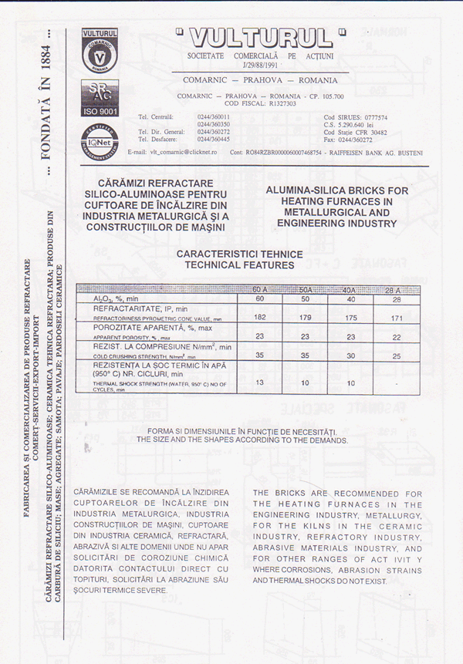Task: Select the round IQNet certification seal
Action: [100, 137]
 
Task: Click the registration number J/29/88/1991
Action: [259, 66]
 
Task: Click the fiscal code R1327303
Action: [279, 103]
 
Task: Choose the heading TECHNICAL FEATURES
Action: [239, 265]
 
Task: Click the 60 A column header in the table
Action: [260, 290]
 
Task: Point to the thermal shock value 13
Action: [260, 382]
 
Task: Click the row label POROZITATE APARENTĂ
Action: [149, 327]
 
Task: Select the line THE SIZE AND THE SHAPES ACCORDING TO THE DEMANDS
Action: [242, 440]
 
